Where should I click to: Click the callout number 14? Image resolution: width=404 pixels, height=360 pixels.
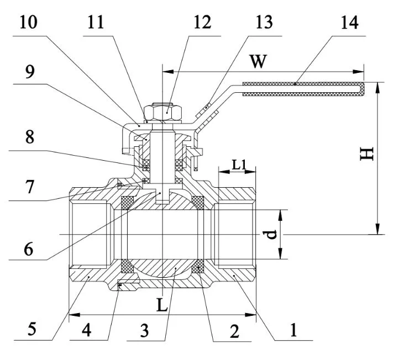pyautogui.click(x=349, y=23)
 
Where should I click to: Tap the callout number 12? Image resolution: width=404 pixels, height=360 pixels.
pyautogui.click(x=201, y=23)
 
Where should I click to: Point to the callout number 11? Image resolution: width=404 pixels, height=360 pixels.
pyautogui.click(x=102, y=23)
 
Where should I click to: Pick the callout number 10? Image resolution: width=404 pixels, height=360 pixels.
pyautogui.click(x=28, y=23)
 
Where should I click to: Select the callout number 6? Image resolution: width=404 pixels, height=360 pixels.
pyautogui.click(x=28, y=248)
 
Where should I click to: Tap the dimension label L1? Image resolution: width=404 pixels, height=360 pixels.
pyautogui.click(x=238, y=164)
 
